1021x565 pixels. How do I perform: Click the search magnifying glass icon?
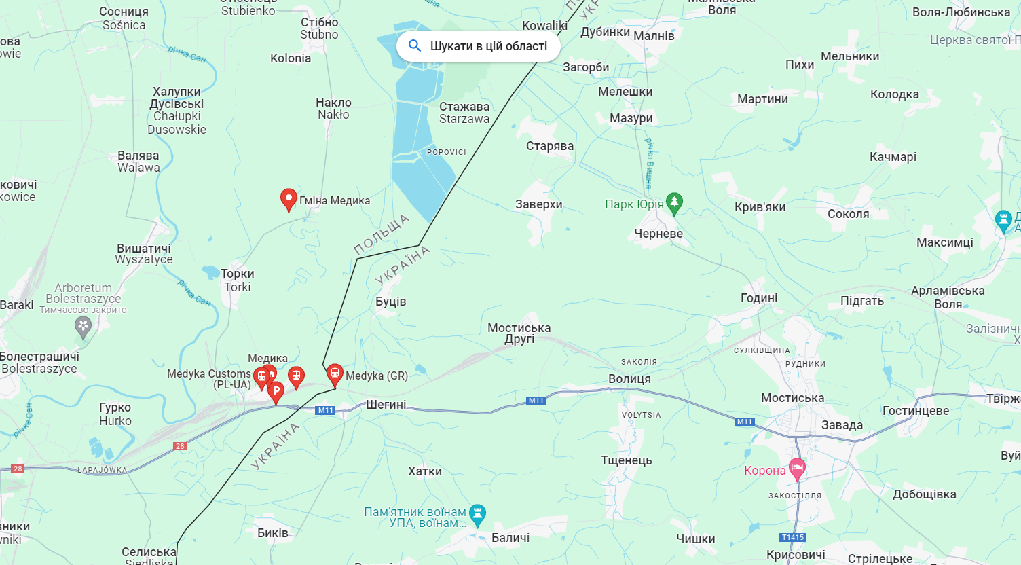(x=415, y=45)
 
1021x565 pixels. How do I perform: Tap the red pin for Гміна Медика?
(x=289, y=200)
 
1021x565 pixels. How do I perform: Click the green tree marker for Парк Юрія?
(x=674, y=203)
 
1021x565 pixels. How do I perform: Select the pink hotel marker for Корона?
(x=797, y=469)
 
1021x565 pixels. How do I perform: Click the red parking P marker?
(x=276, y=392)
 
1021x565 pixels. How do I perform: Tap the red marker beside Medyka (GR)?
(x=335, y=373)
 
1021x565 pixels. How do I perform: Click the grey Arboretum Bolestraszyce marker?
(x=83, y=327)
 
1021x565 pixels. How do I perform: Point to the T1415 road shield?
(x=793, y=537)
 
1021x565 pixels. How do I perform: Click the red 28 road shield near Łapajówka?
(x=18, y=469)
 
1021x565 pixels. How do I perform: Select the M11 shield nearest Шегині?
(x=326, y=410)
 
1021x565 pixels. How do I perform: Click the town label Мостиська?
(x=792, y=398)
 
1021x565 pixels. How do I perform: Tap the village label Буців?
(x=391, y=302)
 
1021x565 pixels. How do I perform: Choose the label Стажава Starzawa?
(x=464, y=113)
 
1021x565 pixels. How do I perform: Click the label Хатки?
(x=425, y=471)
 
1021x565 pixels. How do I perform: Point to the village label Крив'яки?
(x=760, y=207)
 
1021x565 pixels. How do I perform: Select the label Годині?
(x=759, y=298)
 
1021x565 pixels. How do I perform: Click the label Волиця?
(x=629, y=379)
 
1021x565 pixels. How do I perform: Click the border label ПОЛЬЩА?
(x=382, y=234)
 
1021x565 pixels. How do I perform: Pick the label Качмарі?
(x=893, y=157)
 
